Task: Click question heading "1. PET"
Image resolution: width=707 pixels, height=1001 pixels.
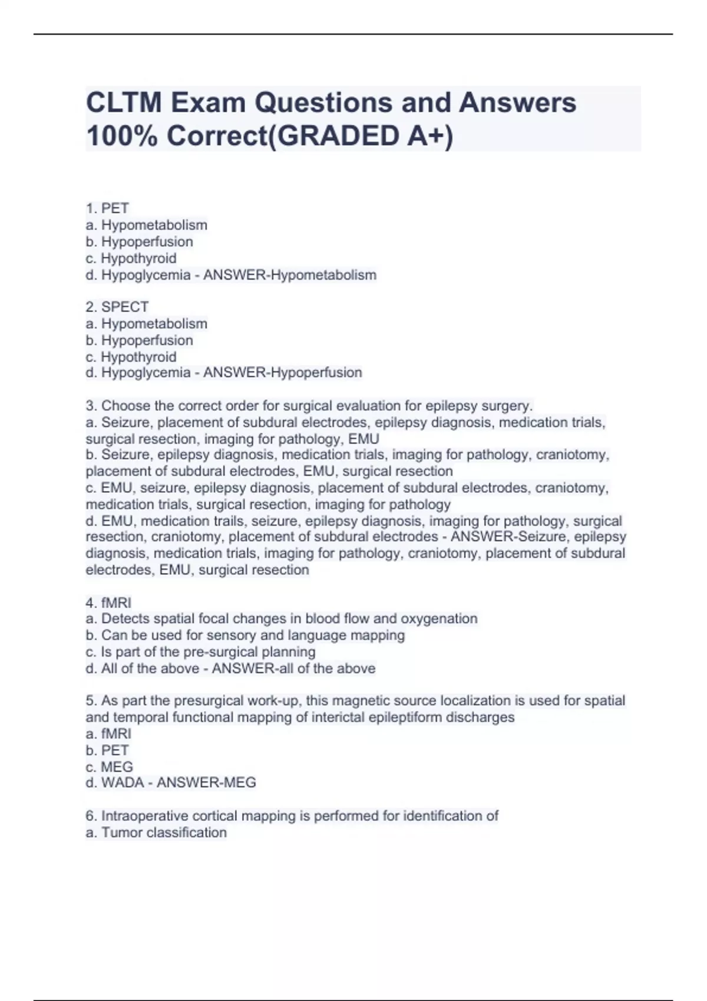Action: [107, 208]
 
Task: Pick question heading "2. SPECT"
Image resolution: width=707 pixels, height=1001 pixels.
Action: [117, 307]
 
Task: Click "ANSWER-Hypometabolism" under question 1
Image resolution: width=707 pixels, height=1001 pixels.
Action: [290, 275]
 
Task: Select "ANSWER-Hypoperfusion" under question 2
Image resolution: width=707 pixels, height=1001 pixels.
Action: [283, 373]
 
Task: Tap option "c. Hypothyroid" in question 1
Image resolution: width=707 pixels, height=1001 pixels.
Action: [131, 258]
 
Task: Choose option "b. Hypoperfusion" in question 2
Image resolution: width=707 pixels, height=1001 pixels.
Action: [139, 340]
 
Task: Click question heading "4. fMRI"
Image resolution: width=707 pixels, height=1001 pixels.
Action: [108, 602]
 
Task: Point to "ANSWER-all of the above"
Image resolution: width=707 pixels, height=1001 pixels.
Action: [293, 668]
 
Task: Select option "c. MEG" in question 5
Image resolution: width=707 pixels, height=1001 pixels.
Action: [109, 767]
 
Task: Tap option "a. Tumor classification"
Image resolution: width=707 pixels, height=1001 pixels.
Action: [156, 833]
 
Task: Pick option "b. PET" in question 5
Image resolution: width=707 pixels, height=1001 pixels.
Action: [107, 750]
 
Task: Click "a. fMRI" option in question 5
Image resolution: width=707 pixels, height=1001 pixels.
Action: [108, 734]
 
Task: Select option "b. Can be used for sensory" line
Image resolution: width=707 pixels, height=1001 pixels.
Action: [245, 635]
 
